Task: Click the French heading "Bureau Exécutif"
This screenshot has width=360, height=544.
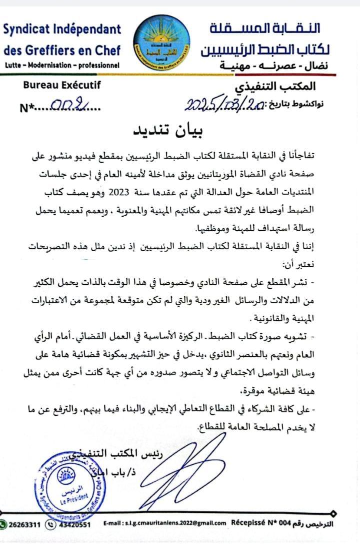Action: [x=62, y=85]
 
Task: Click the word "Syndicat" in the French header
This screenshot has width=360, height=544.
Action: [x=27, y=29]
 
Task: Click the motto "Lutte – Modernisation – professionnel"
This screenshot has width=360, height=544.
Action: [x=61, y=65]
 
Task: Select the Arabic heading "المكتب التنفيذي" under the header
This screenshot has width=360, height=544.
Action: [x=282, y=86]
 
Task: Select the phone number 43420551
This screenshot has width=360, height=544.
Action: [x=74, y=524]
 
